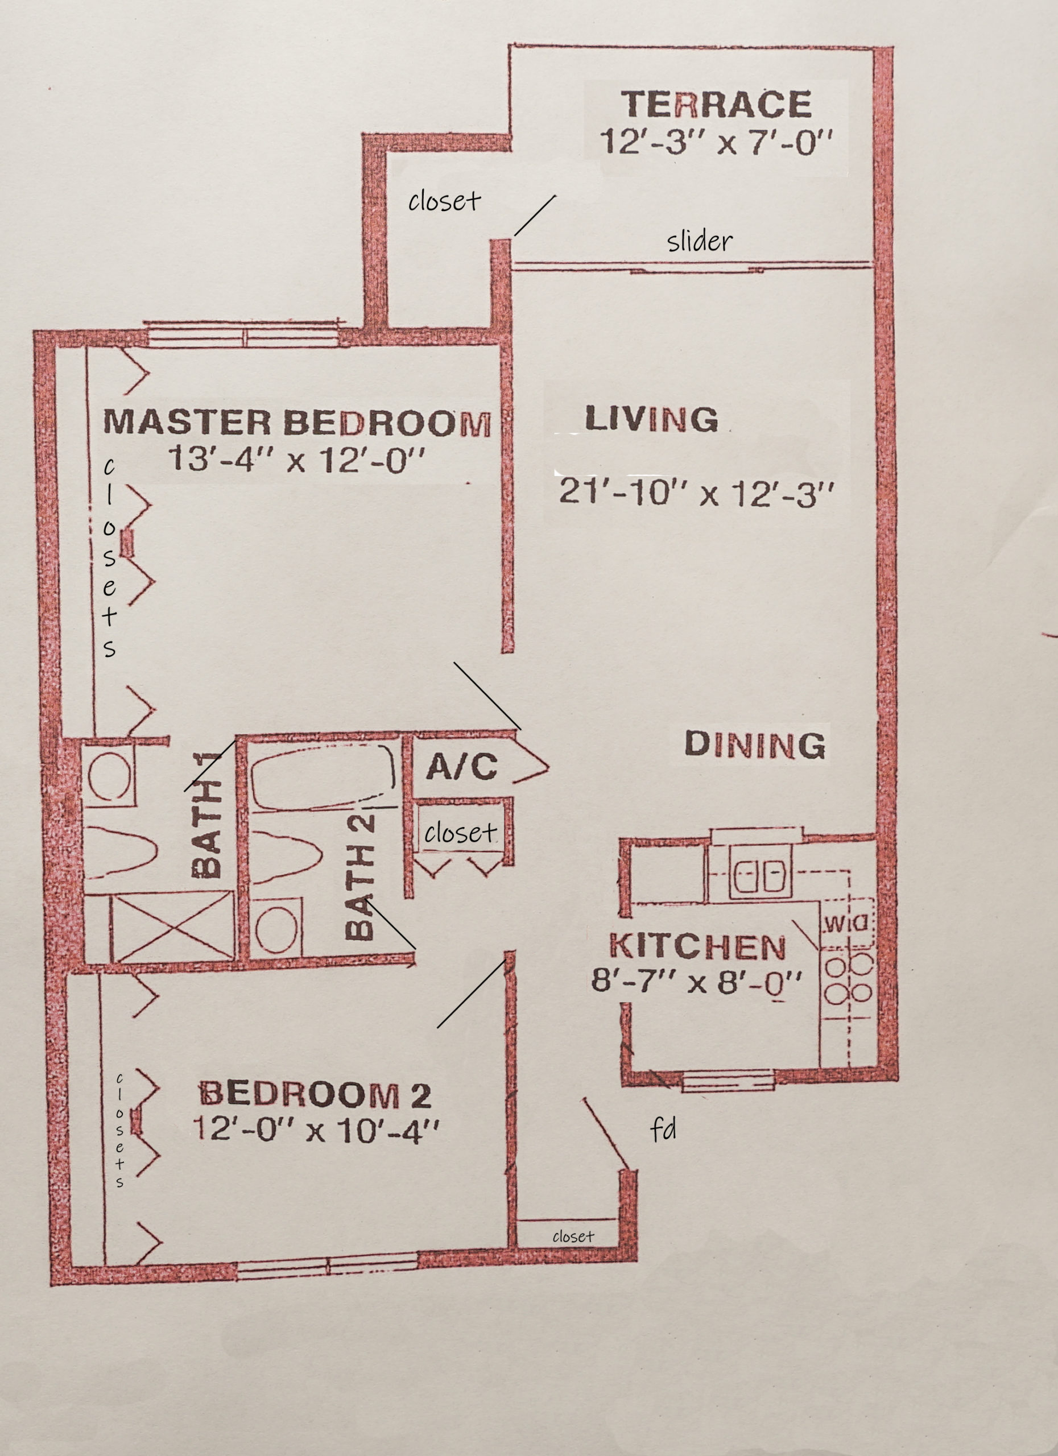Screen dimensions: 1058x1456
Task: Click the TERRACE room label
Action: point(716,104)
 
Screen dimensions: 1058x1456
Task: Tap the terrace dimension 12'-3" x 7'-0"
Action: point(716,142)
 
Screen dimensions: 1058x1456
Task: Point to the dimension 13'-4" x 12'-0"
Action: point(296,460)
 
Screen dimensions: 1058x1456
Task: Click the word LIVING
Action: point(652,419)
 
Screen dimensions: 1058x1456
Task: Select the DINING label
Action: point(755,744)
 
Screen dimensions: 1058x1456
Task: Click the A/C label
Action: point(461,766)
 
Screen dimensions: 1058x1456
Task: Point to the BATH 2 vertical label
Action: point(359,877)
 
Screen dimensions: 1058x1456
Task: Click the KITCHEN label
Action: point(697,946)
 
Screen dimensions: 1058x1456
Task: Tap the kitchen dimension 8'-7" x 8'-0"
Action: point(697,982)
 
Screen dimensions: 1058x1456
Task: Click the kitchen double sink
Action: point(761,875)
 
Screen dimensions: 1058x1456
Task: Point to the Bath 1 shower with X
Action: point(172,927)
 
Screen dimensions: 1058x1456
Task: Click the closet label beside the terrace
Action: point(444,201)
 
